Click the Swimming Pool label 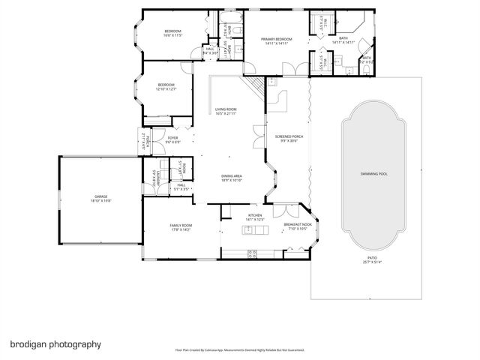[x=373, y=173]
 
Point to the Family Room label [x=181, y=228]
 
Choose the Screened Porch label [x=288, y=139]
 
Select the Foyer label [x=172, y=139]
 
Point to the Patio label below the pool [x=372, y=259]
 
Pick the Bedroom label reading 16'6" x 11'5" [x=173, y=33]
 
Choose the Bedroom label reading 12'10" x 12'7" [x=166, y=86]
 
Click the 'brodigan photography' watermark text [x=55, y=344]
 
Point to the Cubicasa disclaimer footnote [x=240, y=349]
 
